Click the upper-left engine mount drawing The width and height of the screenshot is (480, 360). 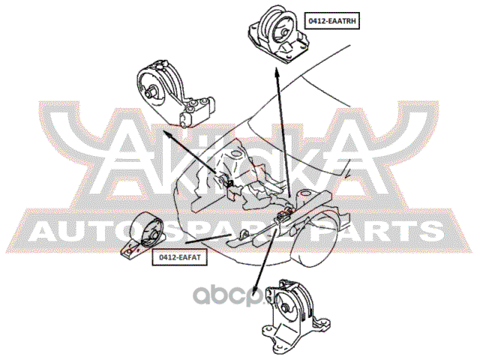click(x=173, y=94)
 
